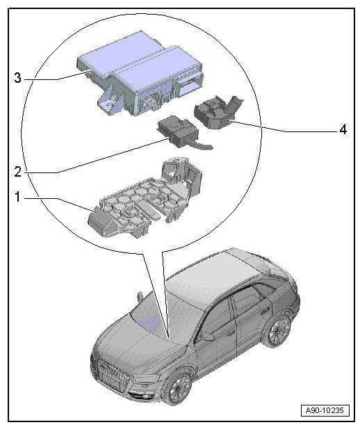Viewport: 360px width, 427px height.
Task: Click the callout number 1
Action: [17, 198]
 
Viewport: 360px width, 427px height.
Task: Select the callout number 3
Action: [17, 78]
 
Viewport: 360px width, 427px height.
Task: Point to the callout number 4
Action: [343, 129]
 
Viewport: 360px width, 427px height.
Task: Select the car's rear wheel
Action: [279, 332]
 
